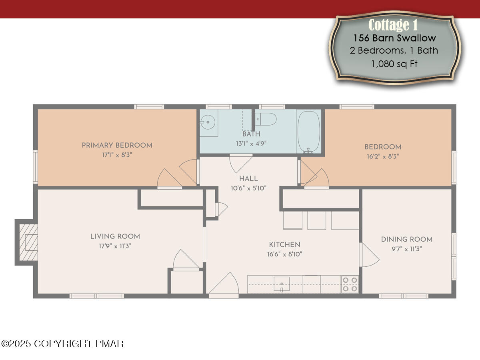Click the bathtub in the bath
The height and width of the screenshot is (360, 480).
tap(309, 131)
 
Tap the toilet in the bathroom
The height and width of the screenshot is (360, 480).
tap(266, 118)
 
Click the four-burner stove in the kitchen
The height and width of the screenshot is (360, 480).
tap(350, 284)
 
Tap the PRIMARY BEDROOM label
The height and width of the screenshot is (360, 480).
tap(117, 145)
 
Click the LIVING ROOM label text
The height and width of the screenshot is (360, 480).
tap(115, 236)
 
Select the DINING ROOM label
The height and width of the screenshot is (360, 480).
tap(406, 239)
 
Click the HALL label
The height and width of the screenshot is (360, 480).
tap(248, 178)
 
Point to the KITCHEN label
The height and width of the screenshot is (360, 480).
tap(284, 244)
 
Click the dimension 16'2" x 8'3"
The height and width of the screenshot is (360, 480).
tap(382, 156)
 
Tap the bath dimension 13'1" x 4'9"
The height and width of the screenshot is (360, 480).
tap(251, 143)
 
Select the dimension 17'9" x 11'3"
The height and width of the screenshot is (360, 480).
tap(115, 246)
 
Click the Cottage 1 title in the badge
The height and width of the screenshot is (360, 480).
tap(393, 25)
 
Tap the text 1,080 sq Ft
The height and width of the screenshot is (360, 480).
tap(394, 64)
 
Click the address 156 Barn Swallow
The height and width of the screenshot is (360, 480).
tap(394, 38)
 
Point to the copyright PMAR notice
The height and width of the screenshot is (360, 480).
tap(62, 344)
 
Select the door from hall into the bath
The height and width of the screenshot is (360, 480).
tap(240, 162)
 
